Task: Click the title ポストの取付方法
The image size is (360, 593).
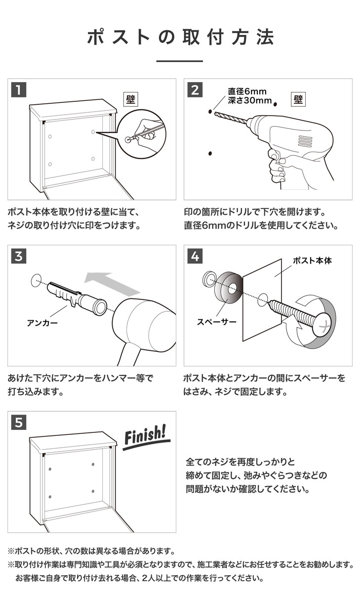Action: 180,38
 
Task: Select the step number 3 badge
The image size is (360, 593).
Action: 18,256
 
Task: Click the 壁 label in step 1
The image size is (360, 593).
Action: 130,99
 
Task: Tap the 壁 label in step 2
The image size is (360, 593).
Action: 298,99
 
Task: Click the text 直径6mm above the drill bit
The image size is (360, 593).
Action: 247,91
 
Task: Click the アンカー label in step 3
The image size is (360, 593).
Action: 42,324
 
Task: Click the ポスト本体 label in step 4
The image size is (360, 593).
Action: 312,260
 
